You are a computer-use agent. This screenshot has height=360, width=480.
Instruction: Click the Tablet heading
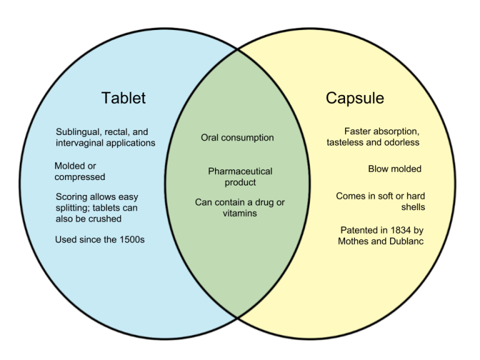[x=123, y=98]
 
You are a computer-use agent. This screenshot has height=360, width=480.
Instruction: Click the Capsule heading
[x=354, y=98]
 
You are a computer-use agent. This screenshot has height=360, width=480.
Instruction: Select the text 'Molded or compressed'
[x=80, y=171]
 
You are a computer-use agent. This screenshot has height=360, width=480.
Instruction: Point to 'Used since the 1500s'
[x=99, y=239]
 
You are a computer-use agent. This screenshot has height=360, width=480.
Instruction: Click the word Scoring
[x=72, y=197]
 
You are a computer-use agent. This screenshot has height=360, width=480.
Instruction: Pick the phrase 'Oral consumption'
[x=237, y=137]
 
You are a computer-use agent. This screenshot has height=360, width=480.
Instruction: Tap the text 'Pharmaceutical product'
[x=240, y=177]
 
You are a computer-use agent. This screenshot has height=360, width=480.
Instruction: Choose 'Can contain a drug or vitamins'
[x=240, y=207]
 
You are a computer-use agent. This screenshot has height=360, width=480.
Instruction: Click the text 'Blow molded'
[x=394, y=169]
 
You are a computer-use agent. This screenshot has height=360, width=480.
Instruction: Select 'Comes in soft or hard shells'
[x=380, y=201]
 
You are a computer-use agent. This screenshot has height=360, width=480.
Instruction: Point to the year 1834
[x=398, y=230]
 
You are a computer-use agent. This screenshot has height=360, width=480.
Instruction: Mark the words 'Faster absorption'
[x=381, y=131]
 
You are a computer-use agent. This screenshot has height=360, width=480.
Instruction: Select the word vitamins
[x=240, y=213]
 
